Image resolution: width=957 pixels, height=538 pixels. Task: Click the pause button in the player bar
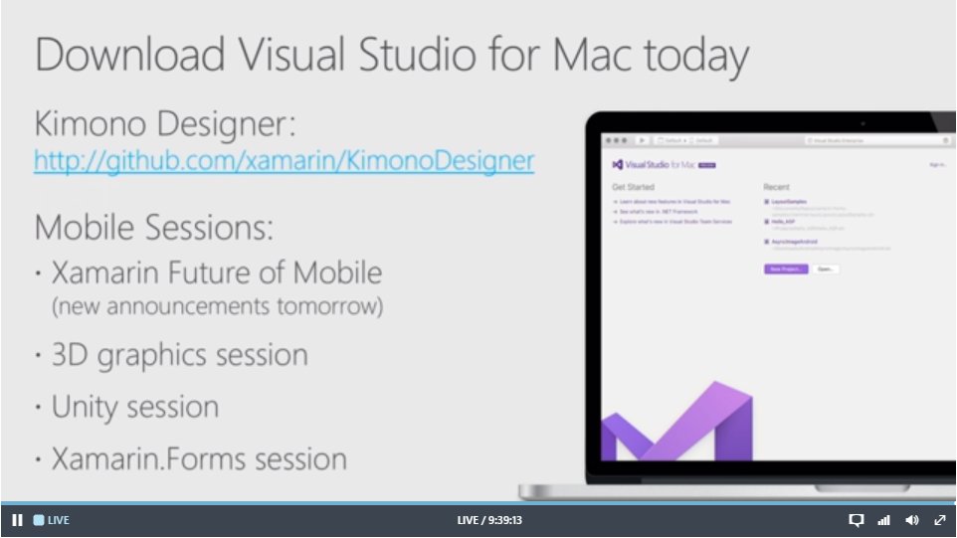point(17,520)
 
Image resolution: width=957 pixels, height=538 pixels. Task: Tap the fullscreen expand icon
point(939,520)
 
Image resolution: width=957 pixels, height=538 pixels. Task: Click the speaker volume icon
point(911,520)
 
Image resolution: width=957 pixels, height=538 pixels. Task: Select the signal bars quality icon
point(883,520)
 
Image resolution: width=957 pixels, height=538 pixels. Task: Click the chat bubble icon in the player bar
point(856,520)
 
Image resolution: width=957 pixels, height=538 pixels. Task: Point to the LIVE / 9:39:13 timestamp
point(489,520)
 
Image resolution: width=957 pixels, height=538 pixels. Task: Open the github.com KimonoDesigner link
point(284,160)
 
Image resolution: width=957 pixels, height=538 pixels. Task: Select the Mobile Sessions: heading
point(154,228)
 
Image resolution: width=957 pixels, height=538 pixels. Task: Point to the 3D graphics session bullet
point(179,355)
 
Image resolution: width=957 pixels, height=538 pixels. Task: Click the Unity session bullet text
point(135,407)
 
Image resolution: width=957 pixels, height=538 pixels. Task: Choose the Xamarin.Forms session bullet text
point(199,458)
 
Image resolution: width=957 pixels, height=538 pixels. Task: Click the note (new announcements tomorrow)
point(217,305)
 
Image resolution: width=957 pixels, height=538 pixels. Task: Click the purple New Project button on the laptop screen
point(786,269)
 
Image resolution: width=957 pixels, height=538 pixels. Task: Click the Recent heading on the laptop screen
point(776,187)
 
